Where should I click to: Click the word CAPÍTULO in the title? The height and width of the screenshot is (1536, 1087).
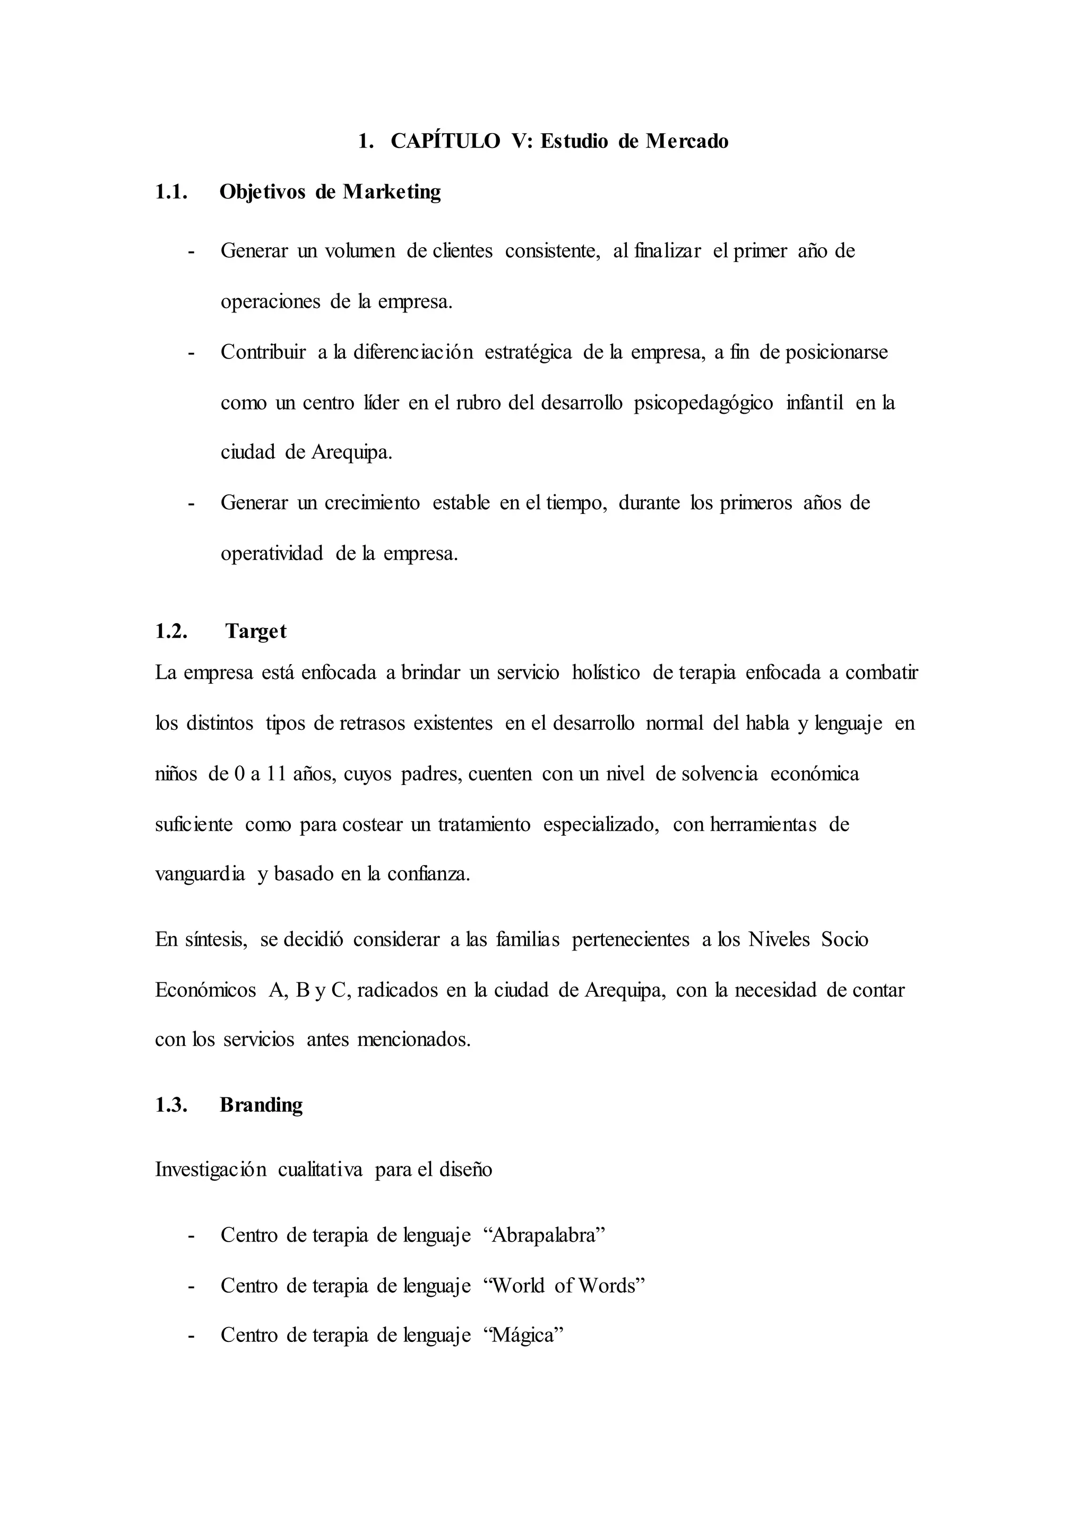pos(445,141)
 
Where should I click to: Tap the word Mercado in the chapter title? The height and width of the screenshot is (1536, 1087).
pos(687,141)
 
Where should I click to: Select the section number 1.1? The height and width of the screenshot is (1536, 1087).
pos(171,192)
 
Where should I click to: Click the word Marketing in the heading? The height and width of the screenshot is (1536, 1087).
pos(392,192)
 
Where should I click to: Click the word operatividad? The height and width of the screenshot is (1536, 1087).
pos(272,554)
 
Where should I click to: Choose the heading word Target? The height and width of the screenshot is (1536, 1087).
pos(256,631)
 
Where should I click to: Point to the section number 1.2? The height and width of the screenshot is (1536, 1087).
pos(171,631)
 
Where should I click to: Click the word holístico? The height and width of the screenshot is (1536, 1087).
pos(606,673)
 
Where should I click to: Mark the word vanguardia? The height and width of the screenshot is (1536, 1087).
pos(200,875)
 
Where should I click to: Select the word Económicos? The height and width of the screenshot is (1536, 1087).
pos(205,989)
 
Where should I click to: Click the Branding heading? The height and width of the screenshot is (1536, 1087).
pos(261,1104)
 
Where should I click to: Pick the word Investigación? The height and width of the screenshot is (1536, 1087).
pos(211,1170)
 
